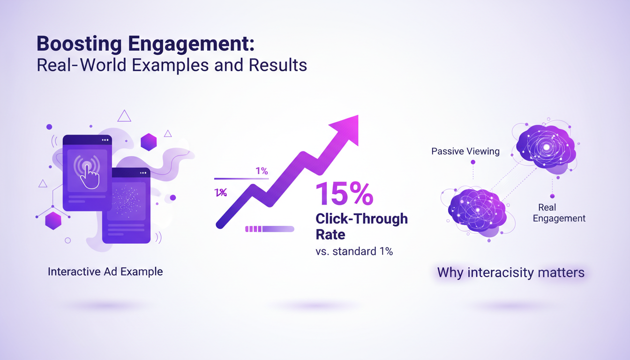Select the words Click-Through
[x=361, y=218]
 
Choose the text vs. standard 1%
[x=354, y=251]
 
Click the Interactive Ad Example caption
[x=105, y=271]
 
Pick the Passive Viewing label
[x=465, y=151]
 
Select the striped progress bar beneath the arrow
[x=270, y=229]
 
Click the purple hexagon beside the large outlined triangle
[x=149, y=142]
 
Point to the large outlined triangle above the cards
[x=124, y=116]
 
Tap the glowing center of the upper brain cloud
[x=546, y=147]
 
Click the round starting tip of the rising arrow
[x=219, y=225]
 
